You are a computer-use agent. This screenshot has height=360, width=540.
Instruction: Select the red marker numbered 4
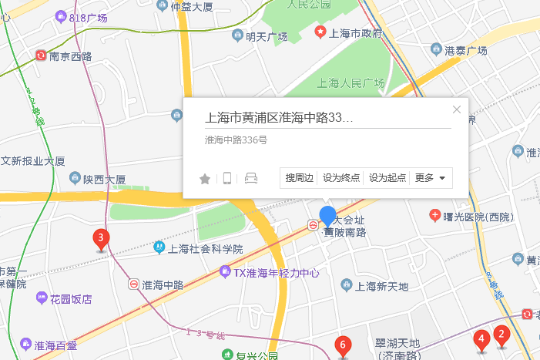point(481,339)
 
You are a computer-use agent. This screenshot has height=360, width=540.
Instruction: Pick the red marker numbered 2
point(501,335)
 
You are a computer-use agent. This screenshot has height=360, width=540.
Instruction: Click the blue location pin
point(327,217)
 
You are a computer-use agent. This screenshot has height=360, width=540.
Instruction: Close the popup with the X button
point(457,109)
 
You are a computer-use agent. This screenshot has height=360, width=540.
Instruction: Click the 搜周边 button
point(300,178)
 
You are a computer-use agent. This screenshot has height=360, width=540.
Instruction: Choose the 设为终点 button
point(341,178)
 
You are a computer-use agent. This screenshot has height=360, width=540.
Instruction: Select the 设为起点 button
point(387,178)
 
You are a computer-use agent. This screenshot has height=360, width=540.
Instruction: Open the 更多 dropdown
point(431,178)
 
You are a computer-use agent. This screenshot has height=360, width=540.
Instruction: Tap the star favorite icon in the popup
point(205,179)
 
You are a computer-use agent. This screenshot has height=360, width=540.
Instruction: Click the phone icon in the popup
point(227,179)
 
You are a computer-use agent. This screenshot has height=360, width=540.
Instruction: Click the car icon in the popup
point(250,179)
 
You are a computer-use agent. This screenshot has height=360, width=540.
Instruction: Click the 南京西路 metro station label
point(70,56)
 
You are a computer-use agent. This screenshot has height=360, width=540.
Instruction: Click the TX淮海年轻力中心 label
point(276,272)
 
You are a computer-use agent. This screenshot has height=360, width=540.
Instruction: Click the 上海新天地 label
point(386,286)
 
